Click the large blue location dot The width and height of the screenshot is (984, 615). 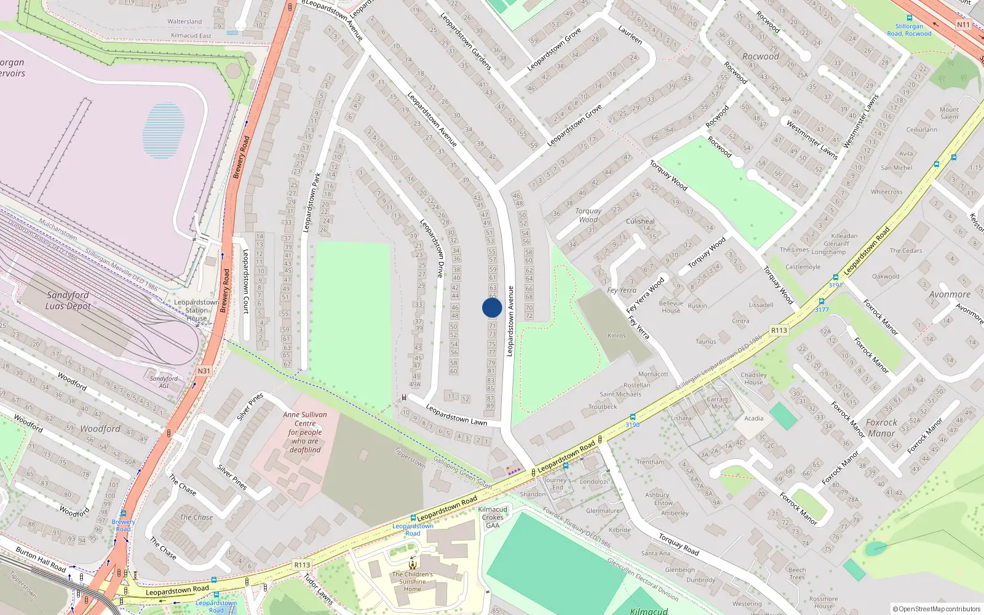click(492, 307)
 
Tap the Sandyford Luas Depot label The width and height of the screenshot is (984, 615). click(68, 301)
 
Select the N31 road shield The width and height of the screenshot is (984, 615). click(204, 371)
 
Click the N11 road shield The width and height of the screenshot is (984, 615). click(963, 25)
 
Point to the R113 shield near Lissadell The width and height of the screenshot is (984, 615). click(779, 330)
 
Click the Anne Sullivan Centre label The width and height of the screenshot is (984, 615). click(305, 432)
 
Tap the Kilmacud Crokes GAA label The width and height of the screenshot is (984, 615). click(493, 517)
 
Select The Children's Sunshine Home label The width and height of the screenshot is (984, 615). click(412, 581)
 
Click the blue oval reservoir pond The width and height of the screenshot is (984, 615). click(164, 130)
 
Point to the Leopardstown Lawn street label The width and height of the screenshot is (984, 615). click(456, 415)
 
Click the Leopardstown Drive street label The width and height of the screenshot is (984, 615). click(432, 248)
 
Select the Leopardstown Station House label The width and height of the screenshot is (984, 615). click(196, 310)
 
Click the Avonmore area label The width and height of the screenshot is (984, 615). click(950, 295)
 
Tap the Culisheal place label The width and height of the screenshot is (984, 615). click(640, 221)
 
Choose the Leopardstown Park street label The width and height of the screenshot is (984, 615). click(312, 202)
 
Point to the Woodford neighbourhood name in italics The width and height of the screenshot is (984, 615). click(100, 429)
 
